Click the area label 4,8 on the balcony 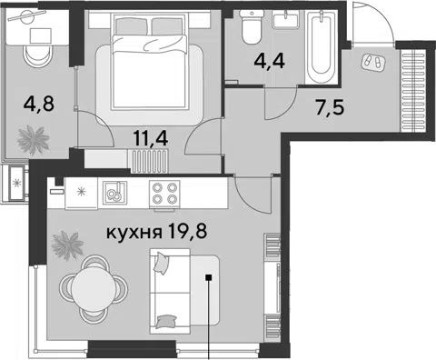point(38,105)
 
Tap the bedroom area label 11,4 point(151,139)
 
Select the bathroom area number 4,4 point(270,62)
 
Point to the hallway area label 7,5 point(330,108)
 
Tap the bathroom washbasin point(286,19)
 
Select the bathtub point(321,45)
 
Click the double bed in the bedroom point(149,62)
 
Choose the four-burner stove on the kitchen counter point(164,194)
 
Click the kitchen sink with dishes point(114,192)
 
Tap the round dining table point(94,289)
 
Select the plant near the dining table point(67,245)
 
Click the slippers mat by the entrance point(373,62)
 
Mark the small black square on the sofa point(208,277)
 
